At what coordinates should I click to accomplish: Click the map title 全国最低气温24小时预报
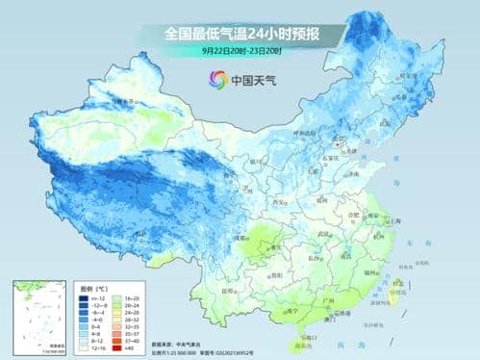pyautogui.click(x=240, y=34)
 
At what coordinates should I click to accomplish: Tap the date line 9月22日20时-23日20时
pyautogui.click(x=240, y=50)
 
